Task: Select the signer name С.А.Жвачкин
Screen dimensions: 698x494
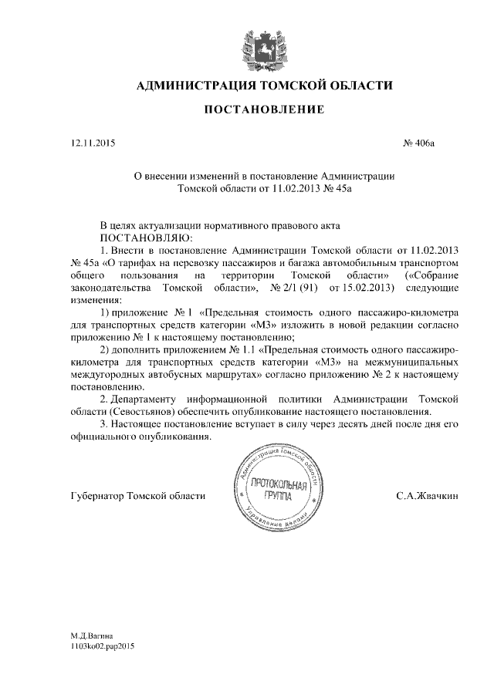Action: tap(427, 496)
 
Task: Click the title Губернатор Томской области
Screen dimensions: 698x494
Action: tap(137, 496)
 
